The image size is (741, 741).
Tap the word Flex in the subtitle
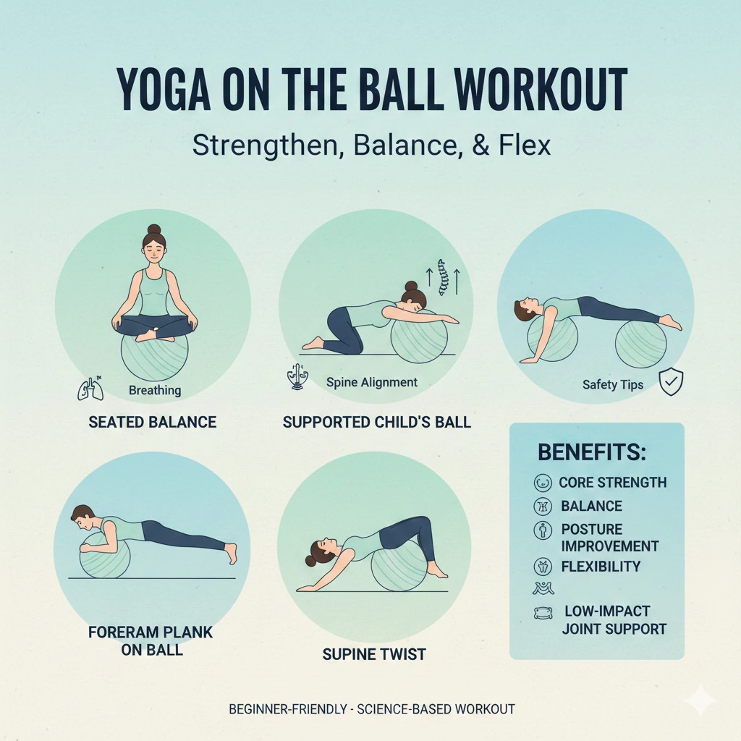(x=525, y=145)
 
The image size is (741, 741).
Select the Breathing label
(x=155, y=391)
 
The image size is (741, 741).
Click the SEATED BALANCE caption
(x=152, y=422)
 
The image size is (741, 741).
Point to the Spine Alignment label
(x=372, y=382)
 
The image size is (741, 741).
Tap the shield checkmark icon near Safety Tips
(x=672, y=382)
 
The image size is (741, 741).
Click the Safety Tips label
(x=613, y=384)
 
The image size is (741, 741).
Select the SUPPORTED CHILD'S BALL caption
(x=376, y=422)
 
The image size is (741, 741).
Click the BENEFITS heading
(x=592, y=453)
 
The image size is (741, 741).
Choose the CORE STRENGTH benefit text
(x=613, y=483)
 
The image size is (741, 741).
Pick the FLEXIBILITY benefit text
(x=601, y=566)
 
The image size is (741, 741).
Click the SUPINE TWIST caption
(x=374, y=654)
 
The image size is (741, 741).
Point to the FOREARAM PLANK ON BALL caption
(x=151, y=640)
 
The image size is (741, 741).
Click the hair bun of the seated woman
(x=153, y=231)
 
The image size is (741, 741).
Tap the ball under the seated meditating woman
(x=154, y=358)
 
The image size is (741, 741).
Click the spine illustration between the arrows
(x=444, y=280)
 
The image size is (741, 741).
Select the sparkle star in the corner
(x=700, y=700)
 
